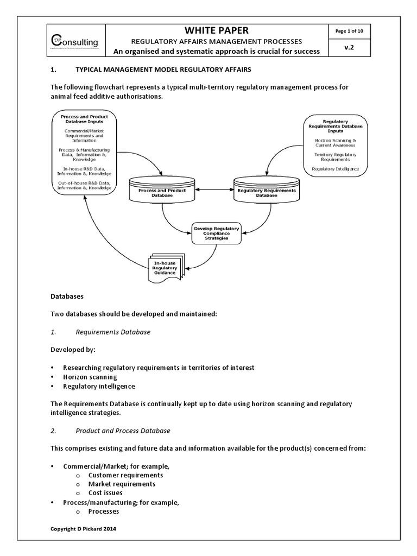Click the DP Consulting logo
(x=75, y=41)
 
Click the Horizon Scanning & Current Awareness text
(x=335, y=143)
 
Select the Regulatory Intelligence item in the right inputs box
(x=335, y=169)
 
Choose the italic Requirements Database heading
(x=113, y=331)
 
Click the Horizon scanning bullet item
(x=90, y=376)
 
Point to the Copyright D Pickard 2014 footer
(x=83, y=528)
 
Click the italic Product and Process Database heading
(x=123, y=431)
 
